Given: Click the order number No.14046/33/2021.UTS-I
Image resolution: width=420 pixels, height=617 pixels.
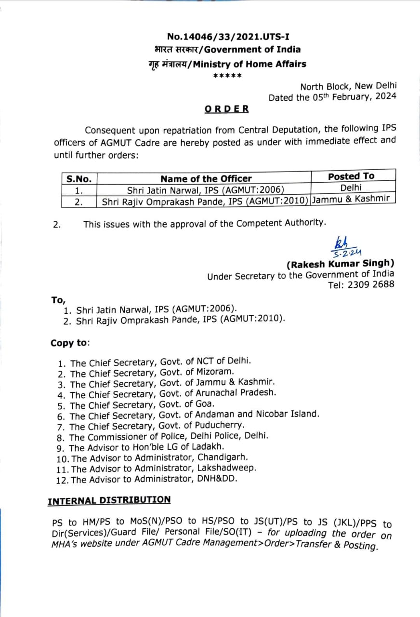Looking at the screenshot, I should click(x=228, y=36).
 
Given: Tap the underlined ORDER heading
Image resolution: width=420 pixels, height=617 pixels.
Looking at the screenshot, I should click(x=227, y=108).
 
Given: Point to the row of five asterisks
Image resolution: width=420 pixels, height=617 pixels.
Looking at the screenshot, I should click(x=227, y=76).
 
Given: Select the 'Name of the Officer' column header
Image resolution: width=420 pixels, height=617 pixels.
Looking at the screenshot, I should click(x=206, y=178).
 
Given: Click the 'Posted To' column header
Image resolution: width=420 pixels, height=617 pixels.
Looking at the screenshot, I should click(x=351, y=176).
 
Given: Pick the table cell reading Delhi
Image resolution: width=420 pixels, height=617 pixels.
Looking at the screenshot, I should click(x=351, y=188).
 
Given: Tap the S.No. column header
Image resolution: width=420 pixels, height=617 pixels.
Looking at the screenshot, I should click(x=79, y=179).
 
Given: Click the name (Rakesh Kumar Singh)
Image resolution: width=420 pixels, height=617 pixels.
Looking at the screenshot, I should click(x=340, y=264).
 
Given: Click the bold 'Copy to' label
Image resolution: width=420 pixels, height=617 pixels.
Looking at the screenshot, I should click(x=69, y=343).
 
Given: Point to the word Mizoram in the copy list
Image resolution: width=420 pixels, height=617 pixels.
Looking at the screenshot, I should click(x=215, y=372).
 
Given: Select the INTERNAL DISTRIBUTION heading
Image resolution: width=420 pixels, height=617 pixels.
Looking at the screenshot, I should click(x=109, y=500).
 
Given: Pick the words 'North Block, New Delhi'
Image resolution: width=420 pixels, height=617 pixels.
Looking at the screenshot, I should click(x=348, y=86).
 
